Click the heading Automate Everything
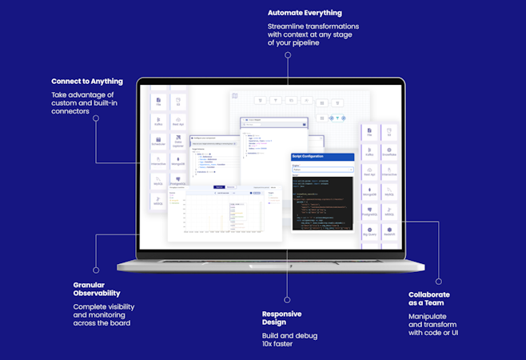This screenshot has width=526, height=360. (x=305, y=13)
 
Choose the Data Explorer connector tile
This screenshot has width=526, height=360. (x=178, y=142)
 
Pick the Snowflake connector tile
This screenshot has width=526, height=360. (x=389, y=152)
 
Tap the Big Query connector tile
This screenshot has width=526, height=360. (x=370, y=233)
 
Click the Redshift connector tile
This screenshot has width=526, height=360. (x=389, y=233)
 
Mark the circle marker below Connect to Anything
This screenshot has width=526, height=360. (x=96, y=118)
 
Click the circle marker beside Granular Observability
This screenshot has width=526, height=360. (x=96, y=270)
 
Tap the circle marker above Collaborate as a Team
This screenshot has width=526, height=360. (x=438, y=281)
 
